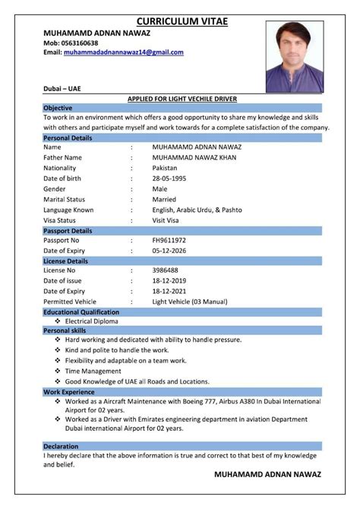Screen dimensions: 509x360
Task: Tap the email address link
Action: coord(123,52)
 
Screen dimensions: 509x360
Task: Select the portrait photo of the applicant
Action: coord(294,57)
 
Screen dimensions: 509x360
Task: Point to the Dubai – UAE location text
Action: coord(62,89)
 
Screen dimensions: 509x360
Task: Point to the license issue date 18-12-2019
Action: coord(171,280)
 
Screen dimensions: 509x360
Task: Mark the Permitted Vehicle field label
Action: coord(71,302)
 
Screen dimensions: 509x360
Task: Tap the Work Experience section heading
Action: coord(69,391)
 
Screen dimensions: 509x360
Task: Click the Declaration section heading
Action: coord(61,445)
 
